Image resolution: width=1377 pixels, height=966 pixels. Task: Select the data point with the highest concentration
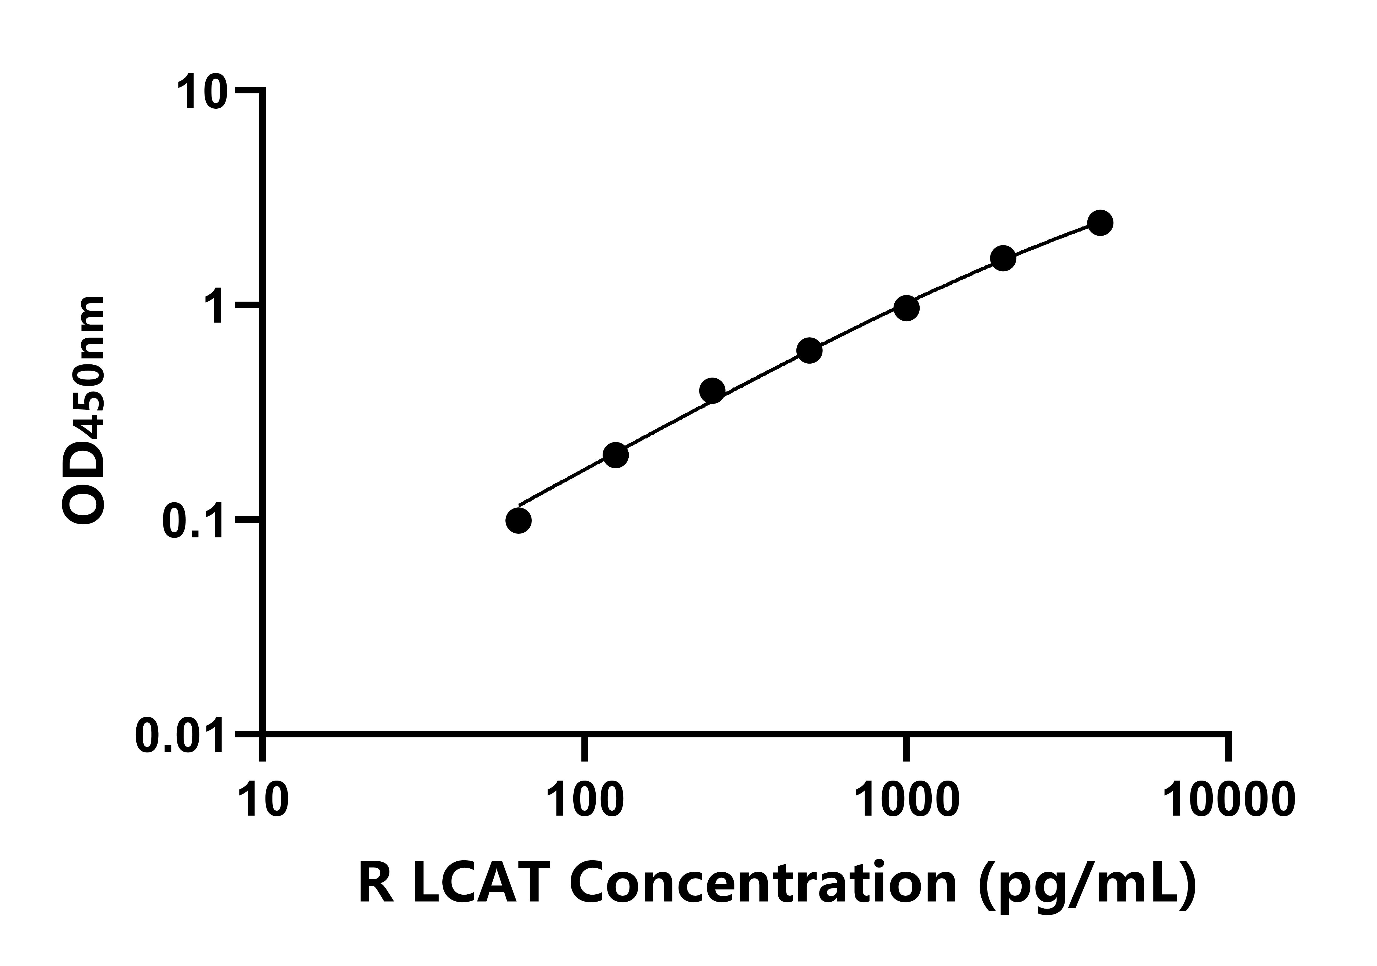point(1100,223)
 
